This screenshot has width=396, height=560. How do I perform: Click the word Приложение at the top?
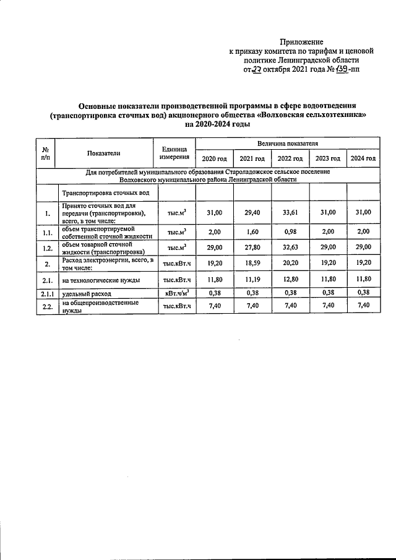(300, 41)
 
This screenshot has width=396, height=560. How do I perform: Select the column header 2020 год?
(214, 158)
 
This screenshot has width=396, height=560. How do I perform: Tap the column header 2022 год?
(289, 158)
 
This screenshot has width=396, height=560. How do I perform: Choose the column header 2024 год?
(363, 158)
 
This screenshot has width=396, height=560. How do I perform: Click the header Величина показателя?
(288, 144)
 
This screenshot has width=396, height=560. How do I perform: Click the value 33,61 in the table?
(289, 212)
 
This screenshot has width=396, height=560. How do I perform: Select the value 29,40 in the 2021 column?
(252, 212)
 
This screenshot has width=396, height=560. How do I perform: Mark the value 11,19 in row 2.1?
(252, 280)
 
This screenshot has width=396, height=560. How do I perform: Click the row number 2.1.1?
(46, 292)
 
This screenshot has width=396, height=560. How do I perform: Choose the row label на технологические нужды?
(101, 280)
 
